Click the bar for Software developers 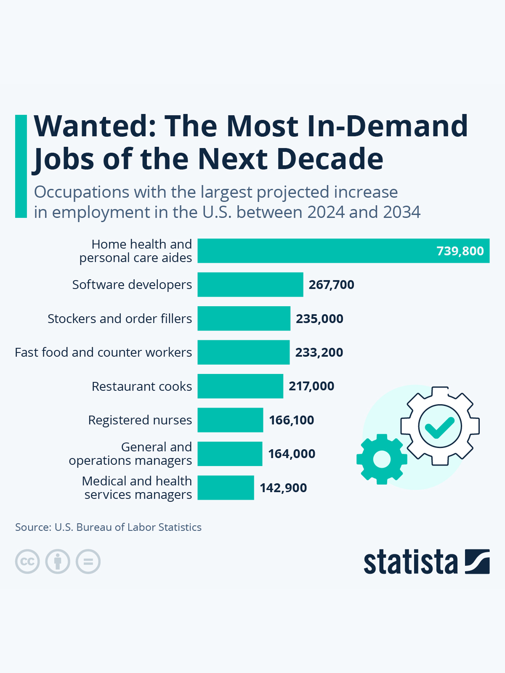[x=250, y=285]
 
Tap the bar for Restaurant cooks [x=240, y=386]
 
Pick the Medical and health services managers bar [x=226, y=488]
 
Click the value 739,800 [x=460, y=251]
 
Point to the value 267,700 [x=331, y=285]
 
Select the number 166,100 [x=291, y=420]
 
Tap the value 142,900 [x=283, y=488]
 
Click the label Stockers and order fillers [x=120, y=319]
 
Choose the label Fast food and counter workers [x=103, y=352]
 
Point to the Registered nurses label [x=140, y=420]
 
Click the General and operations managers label [x=130, y=454]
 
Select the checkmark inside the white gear [x=439, y=427]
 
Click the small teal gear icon [x=382, y=459]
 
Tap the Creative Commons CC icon [x=27, y=562]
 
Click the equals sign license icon [x=88, y=562]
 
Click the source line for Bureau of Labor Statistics [x=108, y=527]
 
